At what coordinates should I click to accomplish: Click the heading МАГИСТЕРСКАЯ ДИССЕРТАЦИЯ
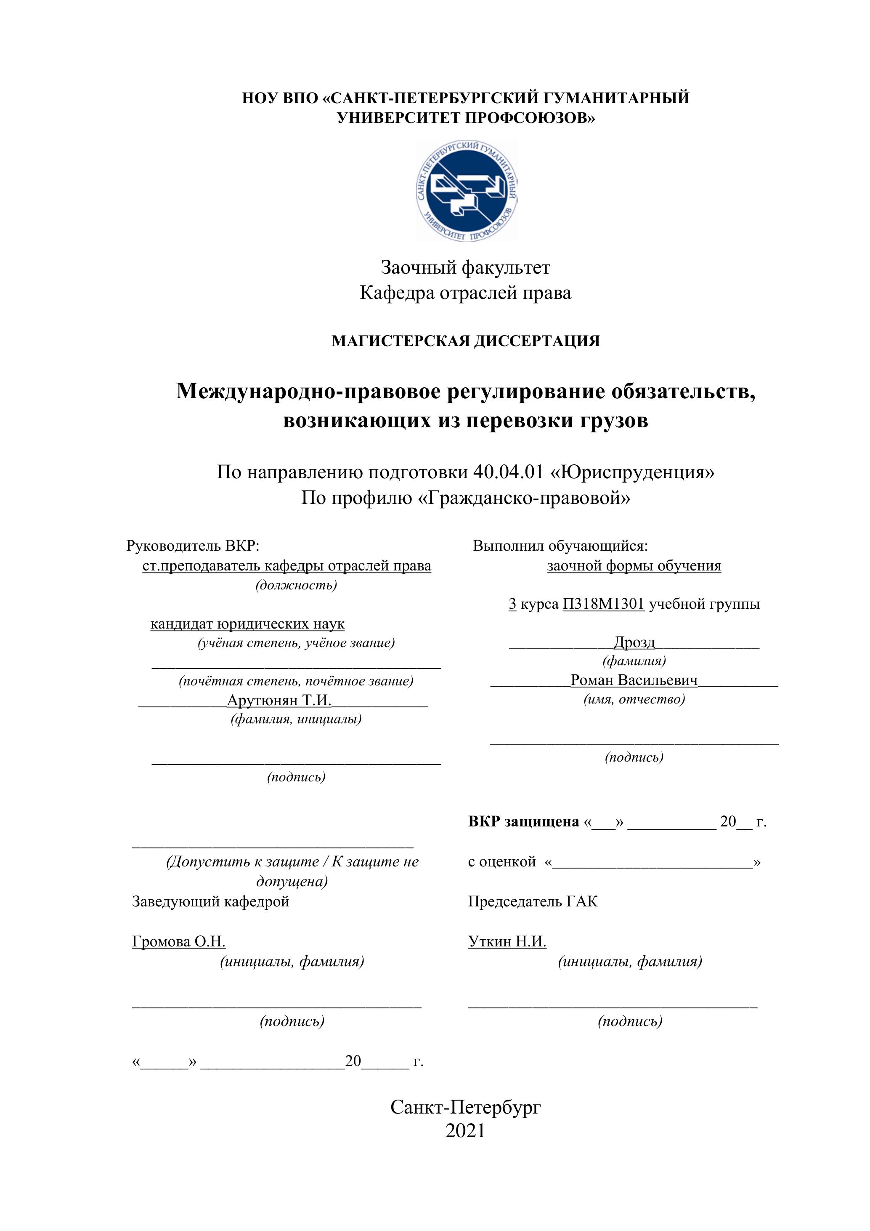pyautogui.click(x=466, y=341)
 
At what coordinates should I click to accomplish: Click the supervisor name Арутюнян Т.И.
pyautogui.click(x=279, y=700)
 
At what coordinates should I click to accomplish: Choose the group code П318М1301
pyautogui.click(x=603, y=604)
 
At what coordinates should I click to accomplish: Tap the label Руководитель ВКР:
pyautogui.click(x=193, y=546)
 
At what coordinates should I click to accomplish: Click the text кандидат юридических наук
pyautogui.click(x=247, y=624)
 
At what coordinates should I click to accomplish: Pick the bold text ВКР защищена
pyautogui.click(x=523, y=821)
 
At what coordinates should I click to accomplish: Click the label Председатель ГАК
pyautogui.click(x=533, y=901)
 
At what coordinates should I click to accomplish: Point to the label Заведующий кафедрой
pyautogui.click(x=210, y=901)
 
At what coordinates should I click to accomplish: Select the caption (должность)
pyautogui.click(x=296, y=585)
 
